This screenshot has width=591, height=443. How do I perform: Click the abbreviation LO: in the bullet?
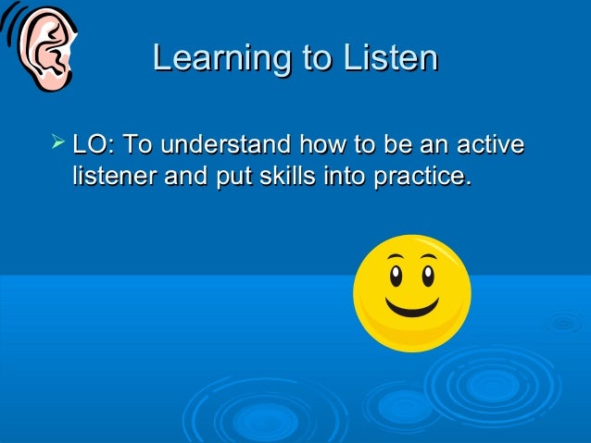[94, 145]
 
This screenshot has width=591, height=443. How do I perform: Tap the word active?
[490, 145]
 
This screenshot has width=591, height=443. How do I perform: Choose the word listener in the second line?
[113, 175]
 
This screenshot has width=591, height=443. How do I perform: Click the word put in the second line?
[233, 176]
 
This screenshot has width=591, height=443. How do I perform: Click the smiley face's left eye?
[395, 277]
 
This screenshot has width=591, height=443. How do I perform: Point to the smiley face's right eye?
[427, 275]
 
